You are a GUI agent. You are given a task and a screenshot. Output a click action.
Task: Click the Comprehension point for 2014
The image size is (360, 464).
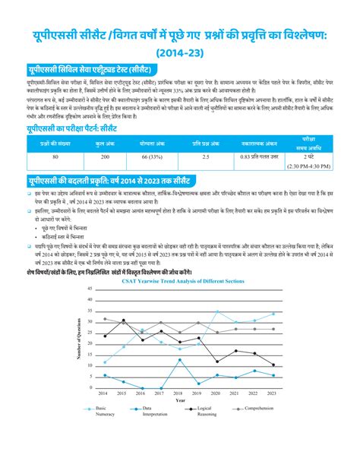(x=105, y=319)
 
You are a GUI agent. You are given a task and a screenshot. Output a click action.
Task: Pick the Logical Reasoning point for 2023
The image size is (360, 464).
(x=274, y=365)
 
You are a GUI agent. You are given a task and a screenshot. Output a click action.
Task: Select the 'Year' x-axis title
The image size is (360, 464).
(x=179, y=400)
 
